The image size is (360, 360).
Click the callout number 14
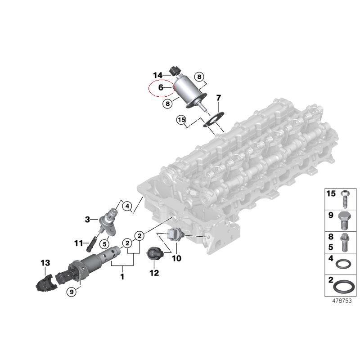[x=158, y=75]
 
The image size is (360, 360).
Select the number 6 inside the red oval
[x=161, y=87]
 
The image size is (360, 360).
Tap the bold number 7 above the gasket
[x=218, y=98]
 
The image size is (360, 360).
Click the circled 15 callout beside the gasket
[x=181, y=120]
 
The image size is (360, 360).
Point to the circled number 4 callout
[x=127, y=206]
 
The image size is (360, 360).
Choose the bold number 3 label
[x=87, y=220]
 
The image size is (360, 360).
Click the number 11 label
[x=78, y=243]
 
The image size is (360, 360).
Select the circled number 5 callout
[x=105, y=244]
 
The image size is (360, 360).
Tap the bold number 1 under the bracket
[x=122, y=276]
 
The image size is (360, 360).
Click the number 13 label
[x=45, y=263]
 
